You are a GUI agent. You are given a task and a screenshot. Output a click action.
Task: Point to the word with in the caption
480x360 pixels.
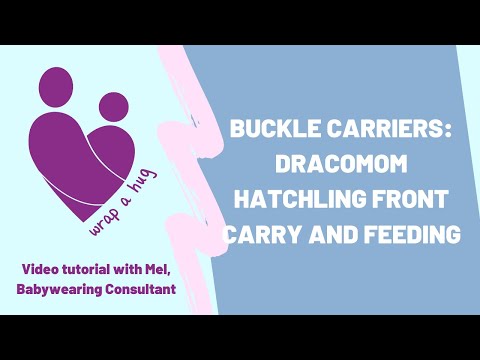point(134,268)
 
